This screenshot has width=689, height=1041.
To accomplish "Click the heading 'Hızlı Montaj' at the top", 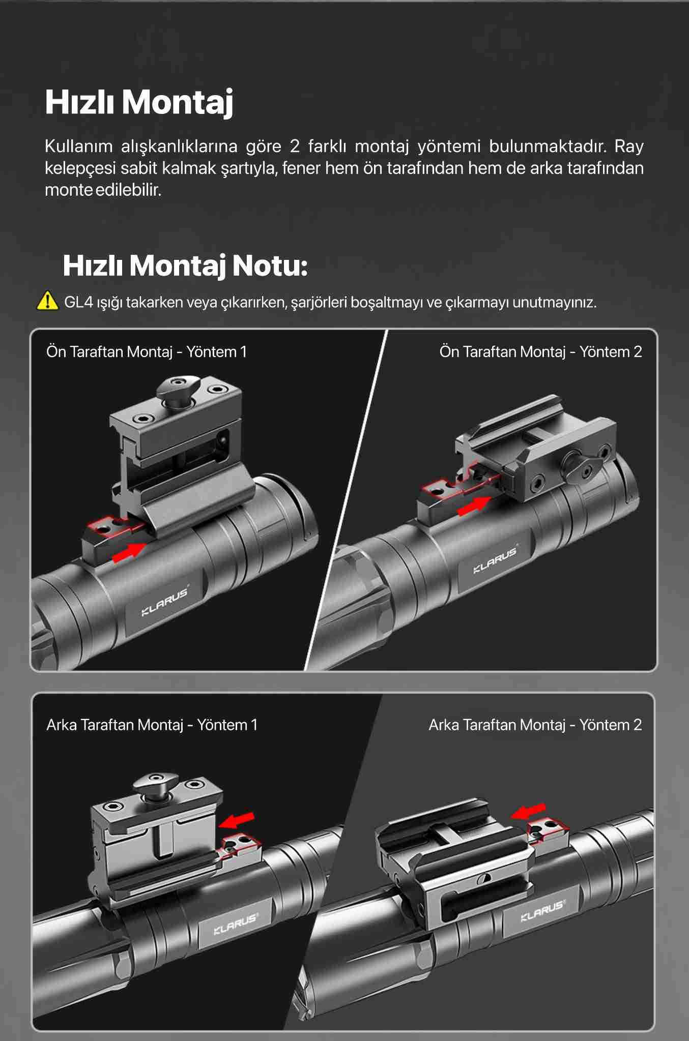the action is [139, 102].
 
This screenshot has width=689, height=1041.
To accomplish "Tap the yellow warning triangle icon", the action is [47, 301].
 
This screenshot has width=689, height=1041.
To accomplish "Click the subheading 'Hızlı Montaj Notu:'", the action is [185, 265].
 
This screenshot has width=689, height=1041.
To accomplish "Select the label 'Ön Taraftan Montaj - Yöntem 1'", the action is [147, 351].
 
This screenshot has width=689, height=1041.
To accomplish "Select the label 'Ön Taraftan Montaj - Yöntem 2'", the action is [540, 351].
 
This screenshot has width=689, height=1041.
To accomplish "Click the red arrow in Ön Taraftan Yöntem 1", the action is [129, 552].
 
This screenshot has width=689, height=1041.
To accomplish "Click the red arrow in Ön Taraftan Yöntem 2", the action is [474, 505].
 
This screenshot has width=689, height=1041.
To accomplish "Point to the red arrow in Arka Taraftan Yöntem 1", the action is [237, 818].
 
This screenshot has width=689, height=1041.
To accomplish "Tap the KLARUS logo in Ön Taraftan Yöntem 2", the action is [495, 560].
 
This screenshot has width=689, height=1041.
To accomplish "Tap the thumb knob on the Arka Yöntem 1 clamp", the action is [155, 786].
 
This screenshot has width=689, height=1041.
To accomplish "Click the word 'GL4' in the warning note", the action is [79, 302].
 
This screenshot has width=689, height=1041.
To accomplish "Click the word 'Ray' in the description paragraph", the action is [629, 147].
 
